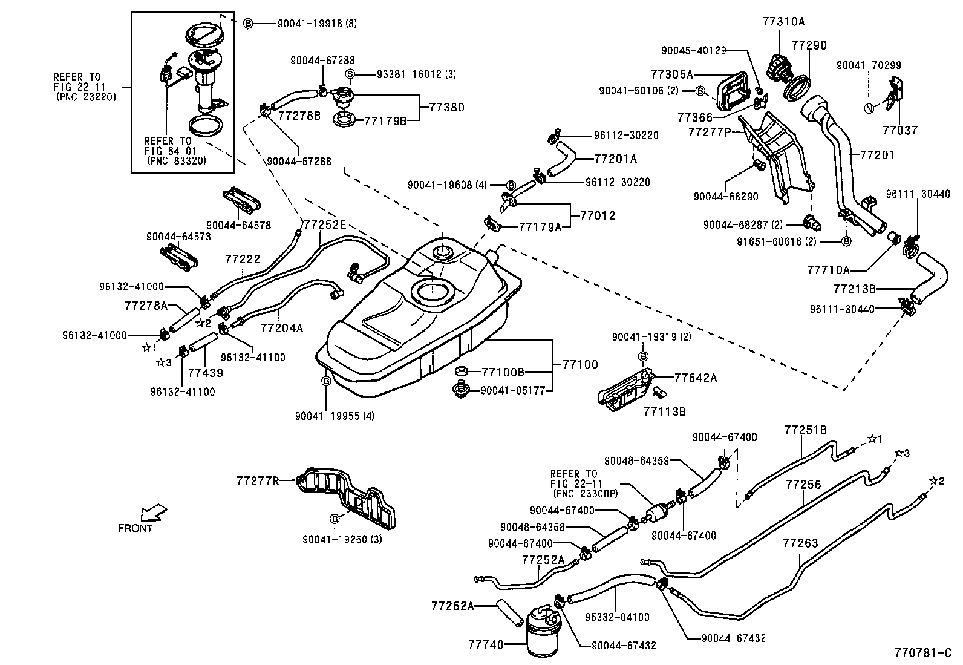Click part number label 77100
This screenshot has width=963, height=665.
click(579, 364)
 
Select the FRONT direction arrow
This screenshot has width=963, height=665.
click(151, 513)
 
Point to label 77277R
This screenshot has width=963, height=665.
click(258, 481)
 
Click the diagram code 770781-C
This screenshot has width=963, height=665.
click(923, 653)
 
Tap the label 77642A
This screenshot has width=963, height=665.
click(696, 378)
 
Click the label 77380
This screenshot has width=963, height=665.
click(447, 107)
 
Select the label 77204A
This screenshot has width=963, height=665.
click(281, 328)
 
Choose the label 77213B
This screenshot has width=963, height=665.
click(854, 289)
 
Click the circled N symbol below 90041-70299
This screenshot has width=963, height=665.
click(869, 108)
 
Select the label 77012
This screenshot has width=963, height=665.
click(598, 215)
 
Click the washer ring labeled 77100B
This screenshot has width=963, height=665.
click(460, 372)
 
